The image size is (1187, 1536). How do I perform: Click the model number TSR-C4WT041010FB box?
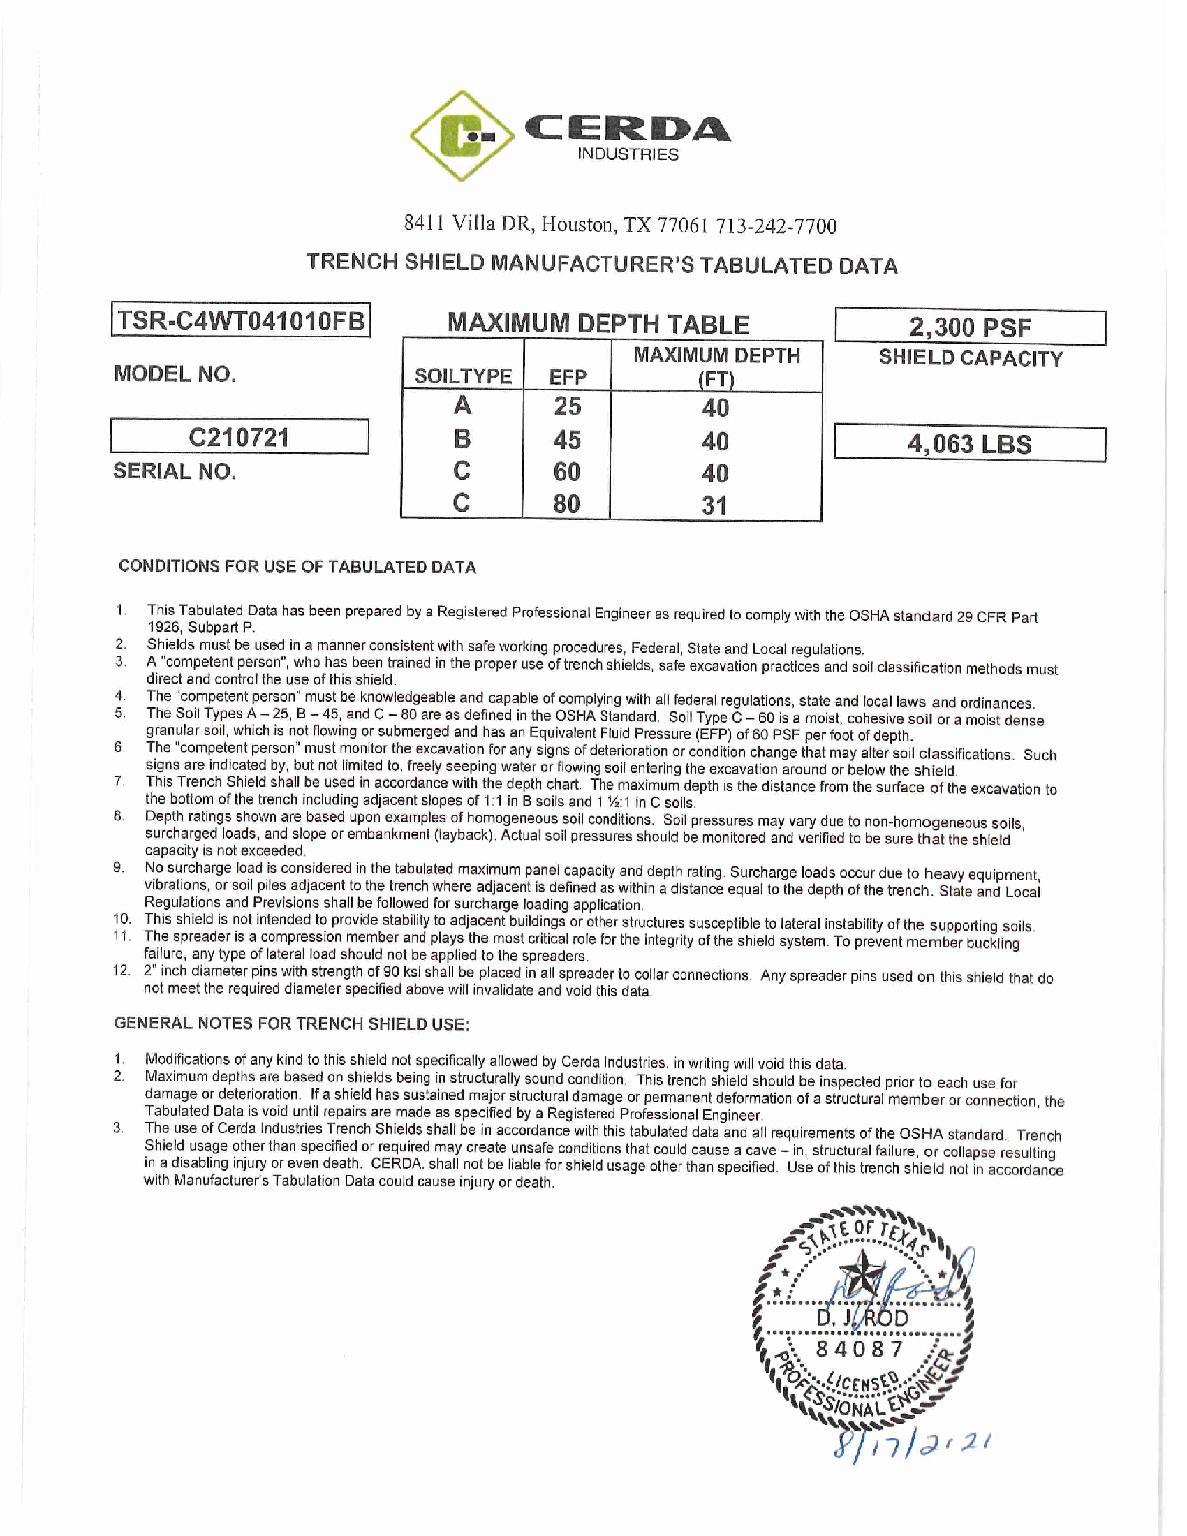[x=240, y=320]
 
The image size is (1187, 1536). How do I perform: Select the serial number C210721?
[x=239, y=438]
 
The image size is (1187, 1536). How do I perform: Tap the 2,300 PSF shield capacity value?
[x=970, y=327]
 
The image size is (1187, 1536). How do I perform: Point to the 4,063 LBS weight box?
[x=970, y=445]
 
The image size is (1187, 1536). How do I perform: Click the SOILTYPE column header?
[x=463, y=376]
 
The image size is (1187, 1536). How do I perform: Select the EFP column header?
[x=568, y=377]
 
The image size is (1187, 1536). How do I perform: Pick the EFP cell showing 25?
[x=568, y=406]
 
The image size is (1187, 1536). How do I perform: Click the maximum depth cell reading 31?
[x=714, y=505]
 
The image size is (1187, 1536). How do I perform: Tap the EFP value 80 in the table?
[x=567, y=504]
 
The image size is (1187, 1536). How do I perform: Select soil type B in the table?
[x=462, y=439]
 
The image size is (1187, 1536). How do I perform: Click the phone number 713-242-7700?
[x=776, y=226]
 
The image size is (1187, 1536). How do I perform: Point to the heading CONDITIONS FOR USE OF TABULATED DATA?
[x=297, y=567]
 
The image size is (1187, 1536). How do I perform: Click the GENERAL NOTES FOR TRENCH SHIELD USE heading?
[x=292, y=1024]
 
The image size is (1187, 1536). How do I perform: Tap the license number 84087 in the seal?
[x=860, y=1350]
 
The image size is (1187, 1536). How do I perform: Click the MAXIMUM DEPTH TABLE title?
[x=598, y=323]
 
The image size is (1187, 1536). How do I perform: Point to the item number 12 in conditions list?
[x=121, y=971]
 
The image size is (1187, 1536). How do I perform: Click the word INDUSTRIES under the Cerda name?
[x=628, y=155]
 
